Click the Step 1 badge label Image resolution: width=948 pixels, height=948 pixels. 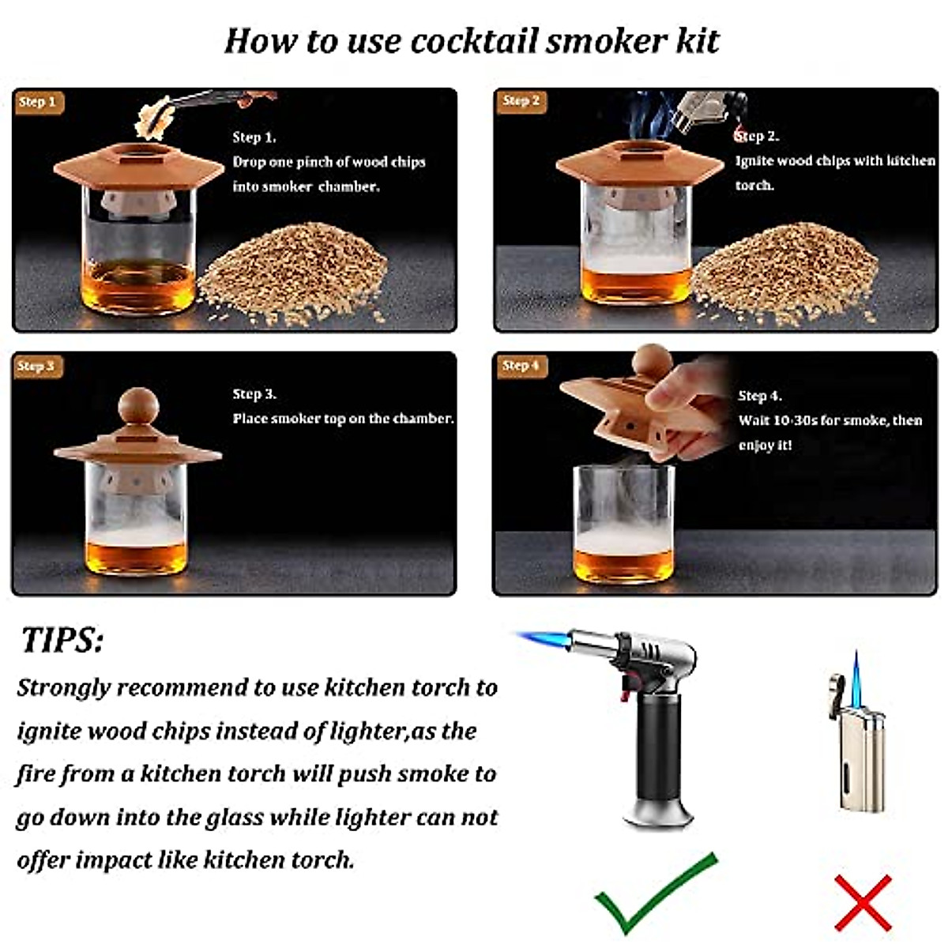38,102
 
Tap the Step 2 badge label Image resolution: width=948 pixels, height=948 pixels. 521,101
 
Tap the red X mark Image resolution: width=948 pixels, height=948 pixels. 863,901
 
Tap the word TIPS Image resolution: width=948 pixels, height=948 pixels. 62,640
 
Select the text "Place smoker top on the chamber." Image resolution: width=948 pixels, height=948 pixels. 343,419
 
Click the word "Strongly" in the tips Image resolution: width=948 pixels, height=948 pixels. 64,687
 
